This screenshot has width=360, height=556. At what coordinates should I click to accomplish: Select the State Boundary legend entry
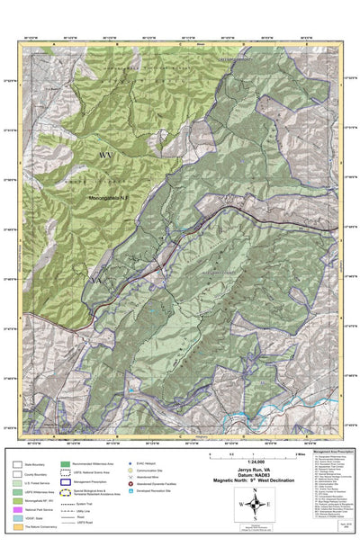(38, 464)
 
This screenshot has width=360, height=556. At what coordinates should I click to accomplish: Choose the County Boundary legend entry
(38, 474)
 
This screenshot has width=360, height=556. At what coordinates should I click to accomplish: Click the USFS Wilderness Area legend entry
(38, 492)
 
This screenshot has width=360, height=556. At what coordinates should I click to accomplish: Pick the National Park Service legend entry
(38, 510)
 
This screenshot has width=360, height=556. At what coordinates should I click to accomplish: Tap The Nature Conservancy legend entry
(38, 529)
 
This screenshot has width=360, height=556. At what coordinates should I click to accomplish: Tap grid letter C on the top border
(180, 43)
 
